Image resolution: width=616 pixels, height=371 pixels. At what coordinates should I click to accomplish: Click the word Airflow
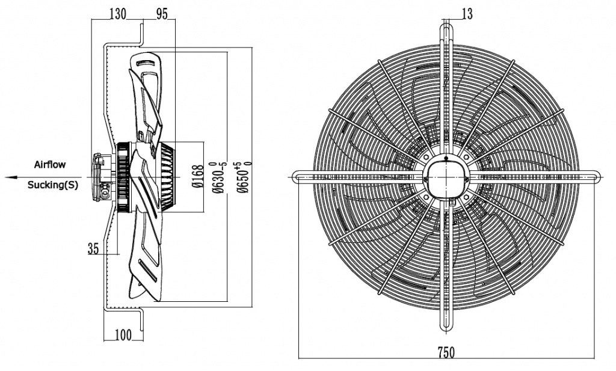pyautogui.click(x=50, y=164)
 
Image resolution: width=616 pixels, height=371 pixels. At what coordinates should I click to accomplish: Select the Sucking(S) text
pyautogui.click(x=53, y=185)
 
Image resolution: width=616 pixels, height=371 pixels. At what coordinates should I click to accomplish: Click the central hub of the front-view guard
pyautogui.click(x=446, y=176)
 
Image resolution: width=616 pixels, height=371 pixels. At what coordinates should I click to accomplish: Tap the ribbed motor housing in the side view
pyautogui.click(x=165, y=176)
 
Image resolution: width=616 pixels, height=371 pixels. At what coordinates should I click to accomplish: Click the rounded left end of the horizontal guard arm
pyautogui.click(x=296, y=177)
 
